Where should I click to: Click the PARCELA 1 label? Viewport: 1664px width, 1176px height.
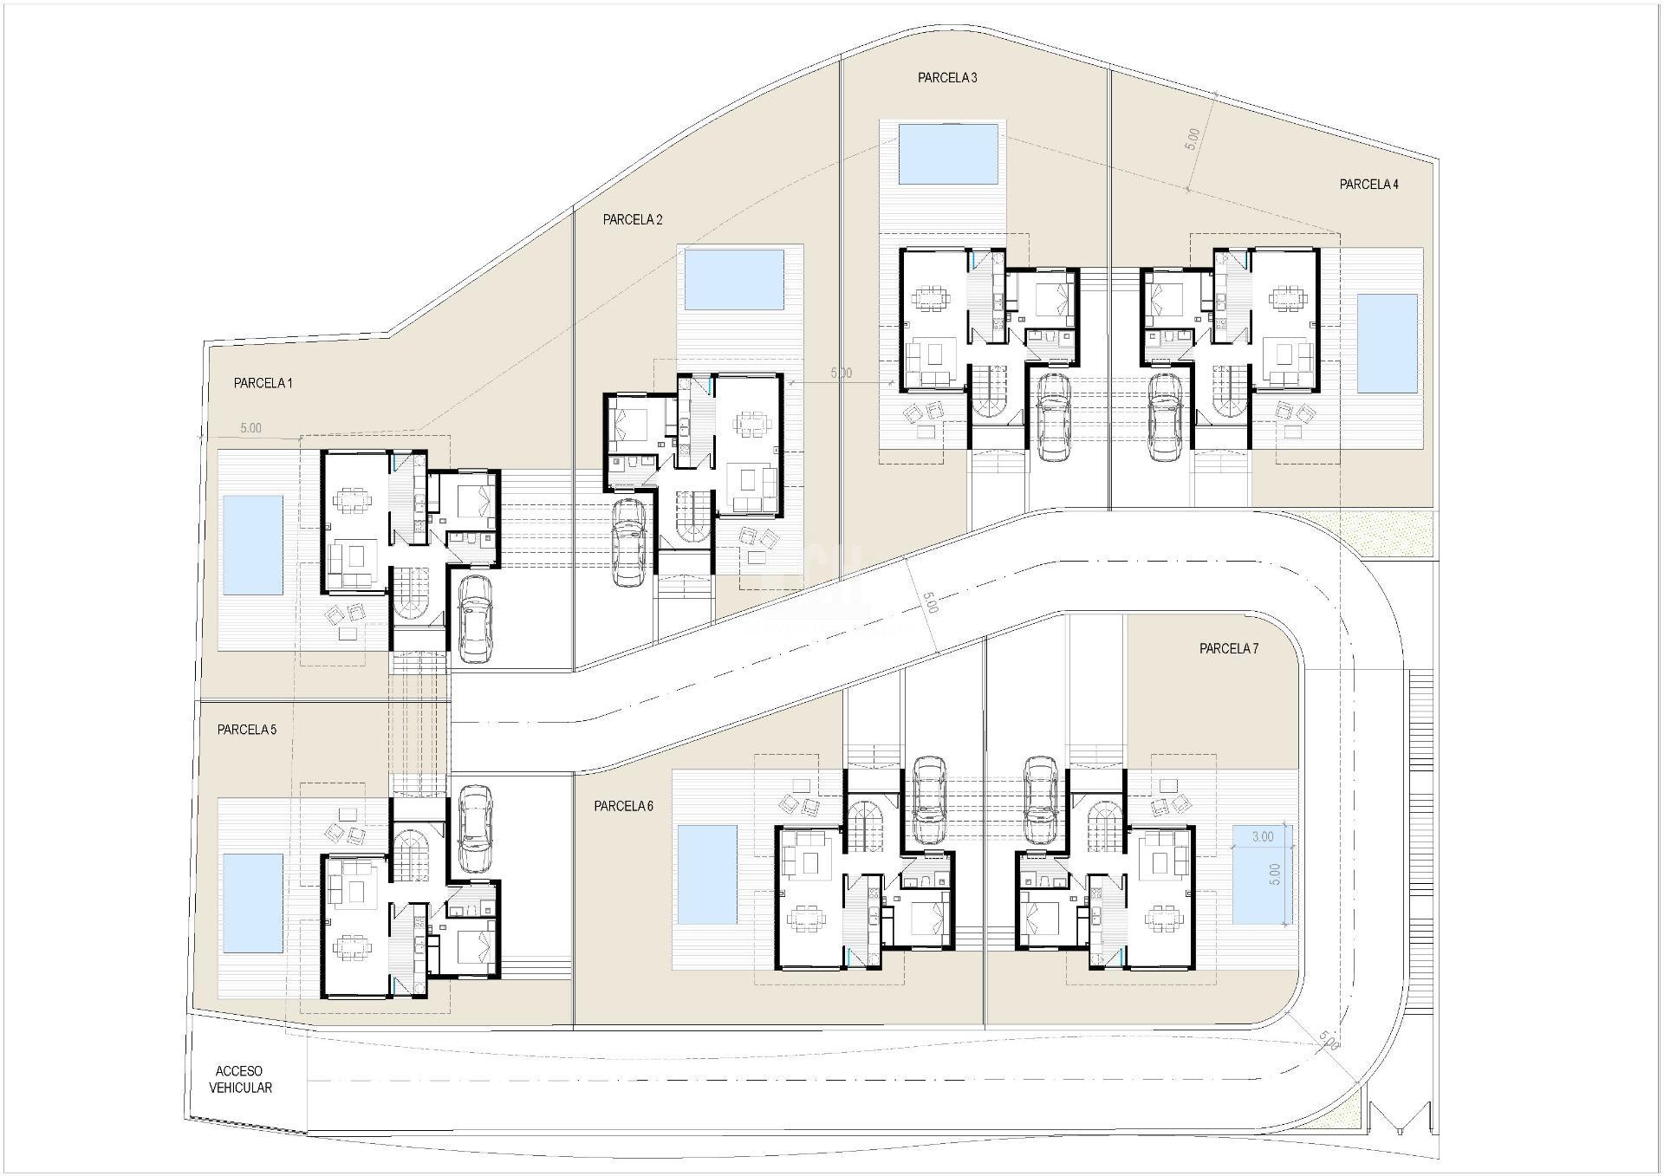click(x=263, y=383)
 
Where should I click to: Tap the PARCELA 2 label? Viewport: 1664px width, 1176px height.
click(x=633, y=220)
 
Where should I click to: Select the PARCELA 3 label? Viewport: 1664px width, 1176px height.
click(x=947, y=78)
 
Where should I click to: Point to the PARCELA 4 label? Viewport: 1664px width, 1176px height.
click(x=1368, y=185)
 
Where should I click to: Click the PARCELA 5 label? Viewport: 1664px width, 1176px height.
click(x=247, y=730)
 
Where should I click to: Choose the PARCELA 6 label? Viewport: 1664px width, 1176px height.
click(x=623, y=806)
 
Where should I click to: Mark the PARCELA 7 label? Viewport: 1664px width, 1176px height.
click(x=1228, y=649)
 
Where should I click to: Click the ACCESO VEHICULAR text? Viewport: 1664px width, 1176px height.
click(x=240, y=1080)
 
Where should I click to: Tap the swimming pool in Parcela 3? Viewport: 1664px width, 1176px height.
click(x=947, y=154)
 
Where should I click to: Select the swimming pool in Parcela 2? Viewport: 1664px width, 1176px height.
click(x=734, y=280)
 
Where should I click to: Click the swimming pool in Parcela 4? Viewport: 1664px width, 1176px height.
click(x=1387, y=343)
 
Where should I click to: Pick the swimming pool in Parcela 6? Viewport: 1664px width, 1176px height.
click(x=706, y=874)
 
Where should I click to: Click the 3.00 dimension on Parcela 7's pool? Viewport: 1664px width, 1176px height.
click(x=1262, y=837)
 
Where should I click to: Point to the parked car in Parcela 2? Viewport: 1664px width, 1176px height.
click(x=628, y=543)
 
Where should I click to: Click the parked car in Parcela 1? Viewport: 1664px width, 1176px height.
click(x=474, y=618)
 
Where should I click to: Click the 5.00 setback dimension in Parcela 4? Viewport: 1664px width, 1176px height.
click(x=1193, y=139)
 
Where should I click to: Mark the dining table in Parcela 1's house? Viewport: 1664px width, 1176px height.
click(x=350, y=501)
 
